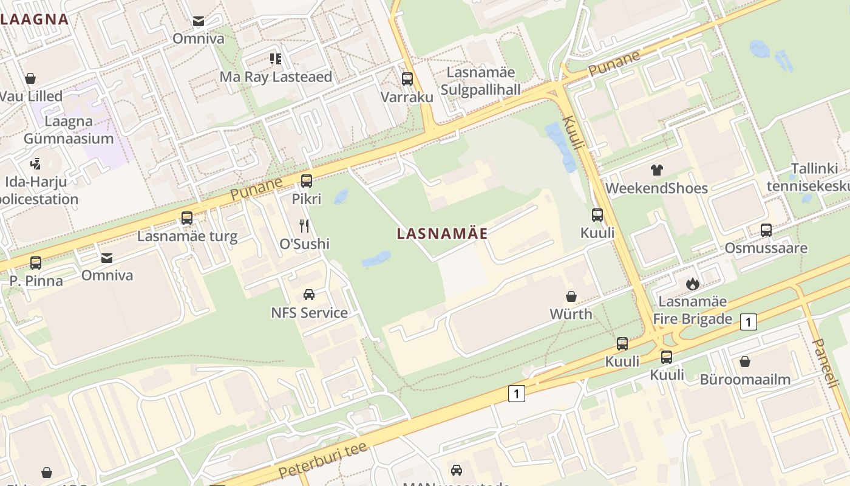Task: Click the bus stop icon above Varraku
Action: [x=407, y=79]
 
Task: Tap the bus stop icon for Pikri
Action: [x=307, y=180]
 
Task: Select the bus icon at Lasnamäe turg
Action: [x=187, y=218]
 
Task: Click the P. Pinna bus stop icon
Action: [x=36, y=263]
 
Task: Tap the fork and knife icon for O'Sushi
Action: [x=304, y=226]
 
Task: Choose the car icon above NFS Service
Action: [x=309, y=295]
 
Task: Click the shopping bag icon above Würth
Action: [x=571, y=296]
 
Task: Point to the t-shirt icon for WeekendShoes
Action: [x=656, y=170]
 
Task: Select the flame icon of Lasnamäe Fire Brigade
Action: [x=692, y=284]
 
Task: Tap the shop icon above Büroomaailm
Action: [x=745, y=361]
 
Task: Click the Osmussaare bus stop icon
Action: [x=766, y=230]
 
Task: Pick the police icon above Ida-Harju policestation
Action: [x=36, y=163]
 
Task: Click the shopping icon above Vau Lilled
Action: [x=30, y=78]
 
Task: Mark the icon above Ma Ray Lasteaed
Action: [x=276, y=59]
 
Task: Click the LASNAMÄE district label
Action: [x=442, y=233]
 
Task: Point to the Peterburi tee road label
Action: [x=322, y=460]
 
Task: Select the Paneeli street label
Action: [x=825, y=363]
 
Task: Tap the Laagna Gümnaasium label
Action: [x=69, y=130]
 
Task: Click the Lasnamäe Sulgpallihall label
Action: [x=481, y=81]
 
